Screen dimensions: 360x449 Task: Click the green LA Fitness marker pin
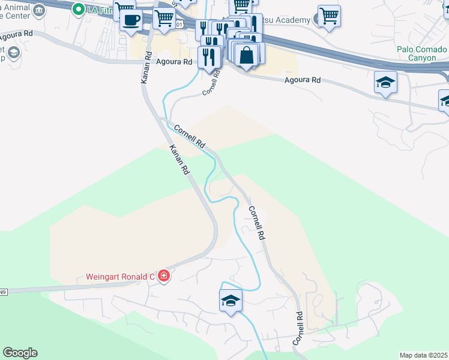pyautogui.click(x=79, y=9)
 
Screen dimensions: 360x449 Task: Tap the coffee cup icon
pyautogui.click(x=130, y=19)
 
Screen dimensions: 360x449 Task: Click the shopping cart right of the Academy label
pyautogui.click(x=329, y=16)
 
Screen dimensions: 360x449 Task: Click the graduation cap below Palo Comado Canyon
pyautogui.click(x=385, y=82)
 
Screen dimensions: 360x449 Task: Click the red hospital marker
pyautogui.click(x=164, y=277)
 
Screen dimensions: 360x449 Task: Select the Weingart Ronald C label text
pyautogui.click(x=119, y=277)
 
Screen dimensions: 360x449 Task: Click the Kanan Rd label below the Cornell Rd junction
pyautogui.click(x=179, y=160)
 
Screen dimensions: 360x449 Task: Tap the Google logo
pyautogui.click(x=20, y=353)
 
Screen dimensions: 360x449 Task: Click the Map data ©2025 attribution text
pyautogui.click(x=423, y=355)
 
